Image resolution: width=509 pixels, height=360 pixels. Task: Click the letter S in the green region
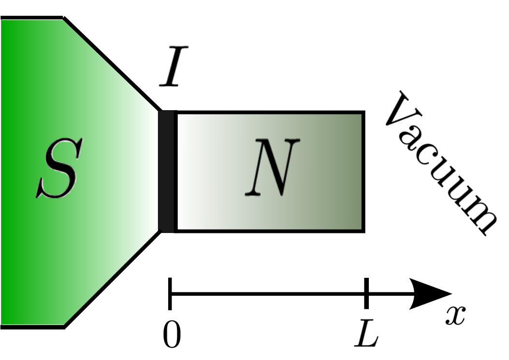pyautogui.click(x=57, y=170)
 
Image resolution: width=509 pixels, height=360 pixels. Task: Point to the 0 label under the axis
pyautogui.click(x=172, y=335)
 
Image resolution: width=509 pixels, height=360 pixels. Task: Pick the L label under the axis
pyautogui.click(x=366, y=334)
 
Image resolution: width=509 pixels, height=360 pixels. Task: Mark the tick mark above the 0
pyautogui.click(x=170, y=293)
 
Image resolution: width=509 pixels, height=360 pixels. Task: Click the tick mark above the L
pyautogui.click(x=366, y=293)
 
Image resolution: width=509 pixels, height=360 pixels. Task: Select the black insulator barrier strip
pyautogui.click(x=167, y=172)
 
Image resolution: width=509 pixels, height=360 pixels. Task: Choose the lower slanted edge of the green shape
pyautogui.click(x=112, y=279)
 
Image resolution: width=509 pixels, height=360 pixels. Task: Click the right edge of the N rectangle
pyautogui.click(x=363, y=172)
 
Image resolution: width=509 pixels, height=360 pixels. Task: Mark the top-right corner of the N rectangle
pyautogui.click(x=363, y=113)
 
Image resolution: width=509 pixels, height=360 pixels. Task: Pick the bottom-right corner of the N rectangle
pyautogui.click(x=363, y=230)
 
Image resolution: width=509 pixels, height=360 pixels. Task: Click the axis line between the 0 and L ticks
pyautogui.click(x=268, y=293)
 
